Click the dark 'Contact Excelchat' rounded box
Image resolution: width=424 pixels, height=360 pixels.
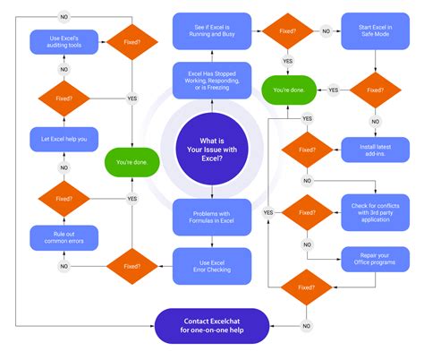[211, 325]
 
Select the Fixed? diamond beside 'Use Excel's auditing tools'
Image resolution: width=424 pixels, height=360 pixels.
[131, 41]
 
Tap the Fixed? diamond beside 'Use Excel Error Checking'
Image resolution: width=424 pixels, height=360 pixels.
[131, 265]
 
